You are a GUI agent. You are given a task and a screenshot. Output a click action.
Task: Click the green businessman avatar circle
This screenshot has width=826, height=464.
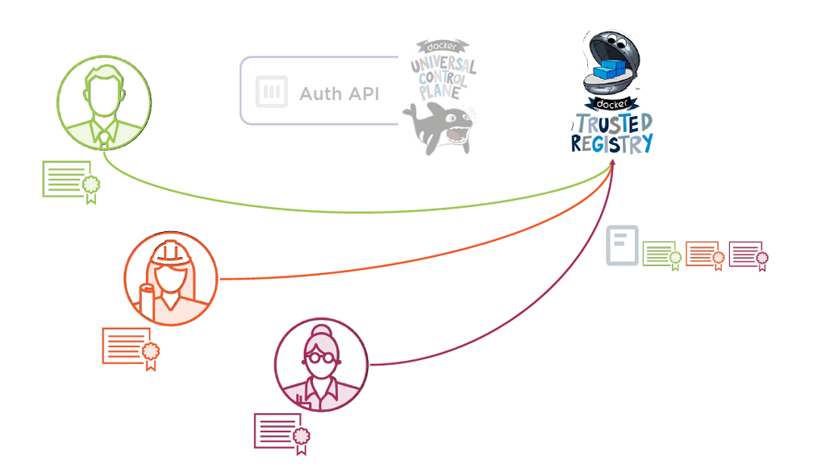coord(104,102)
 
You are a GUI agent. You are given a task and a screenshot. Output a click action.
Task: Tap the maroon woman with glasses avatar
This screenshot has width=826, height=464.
coord(321,365)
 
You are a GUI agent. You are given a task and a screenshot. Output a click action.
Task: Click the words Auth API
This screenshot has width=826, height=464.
coord(340,93)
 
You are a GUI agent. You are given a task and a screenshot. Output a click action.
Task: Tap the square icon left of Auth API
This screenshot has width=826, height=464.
coord(272,92)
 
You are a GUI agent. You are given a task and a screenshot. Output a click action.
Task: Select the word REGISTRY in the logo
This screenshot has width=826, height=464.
coord(611,144)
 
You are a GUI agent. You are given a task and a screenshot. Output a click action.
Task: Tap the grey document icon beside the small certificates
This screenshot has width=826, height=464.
coord(622,245)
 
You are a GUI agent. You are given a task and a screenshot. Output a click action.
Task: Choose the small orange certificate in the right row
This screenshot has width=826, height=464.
coord(704,255)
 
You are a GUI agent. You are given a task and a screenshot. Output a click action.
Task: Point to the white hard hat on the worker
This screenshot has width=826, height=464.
coord(170,251)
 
